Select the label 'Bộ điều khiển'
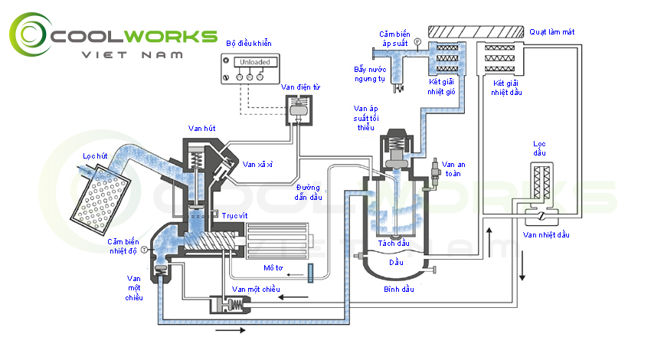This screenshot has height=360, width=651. (248, 43)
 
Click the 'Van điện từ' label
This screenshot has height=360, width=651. (298, 87)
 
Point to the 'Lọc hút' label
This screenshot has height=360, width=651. (94, 155)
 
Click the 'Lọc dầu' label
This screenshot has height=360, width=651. (541, 149)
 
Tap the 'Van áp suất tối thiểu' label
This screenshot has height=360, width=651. (366, 118)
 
